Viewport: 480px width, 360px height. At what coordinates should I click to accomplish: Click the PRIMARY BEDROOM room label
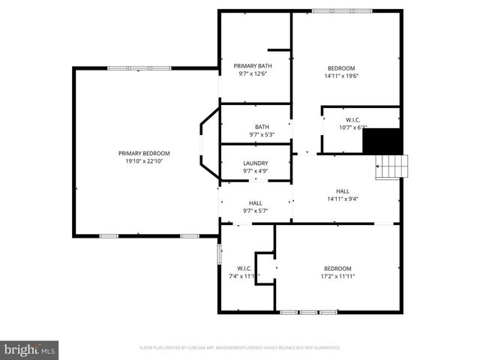coord(144,153)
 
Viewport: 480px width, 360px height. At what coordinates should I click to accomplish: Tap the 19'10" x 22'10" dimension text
coord(144,160)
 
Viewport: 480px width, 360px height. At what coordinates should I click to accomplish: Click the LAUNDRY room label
coord(255,163)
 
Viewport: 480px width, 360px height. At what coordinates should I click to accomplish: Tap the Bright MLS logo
coord(29,349)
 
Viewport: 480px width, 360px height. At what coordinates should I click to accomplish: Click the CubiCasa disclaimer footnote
coord(240,348)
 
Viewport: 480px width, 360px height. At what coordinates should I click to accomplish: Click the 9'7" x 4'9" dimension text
coord(255,171)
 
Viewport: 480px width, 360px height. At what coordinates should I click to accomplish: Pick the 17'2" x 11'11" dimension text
coord(337,276)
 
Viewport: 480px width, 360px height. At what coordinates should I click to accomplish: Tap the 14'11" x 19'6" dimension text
coord(340,76)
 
